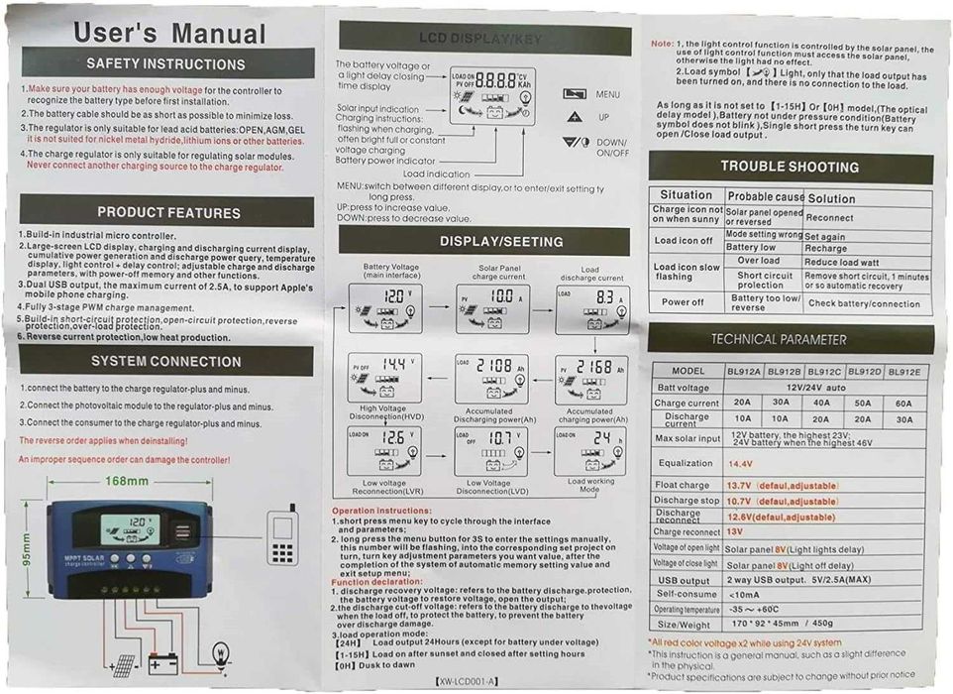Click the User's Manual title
169,33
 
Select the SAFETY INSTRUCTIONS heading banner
165,64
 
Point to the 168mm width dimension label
127,482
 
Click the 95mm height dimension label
27,545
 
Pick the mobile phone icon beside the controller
283,535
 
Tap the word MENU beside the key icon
608,94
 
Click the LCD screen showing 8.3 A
591,307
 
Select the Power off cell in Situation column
683,302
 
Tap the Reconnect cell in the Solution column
830,217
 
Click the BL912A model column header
742,372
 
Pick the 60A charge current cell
903,404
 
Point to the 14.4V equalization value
741,463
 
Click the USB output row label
683,580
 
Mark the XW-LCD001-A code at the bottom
468,681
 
